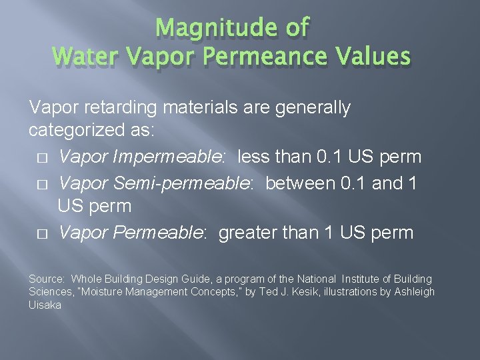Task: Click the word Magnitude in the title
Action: pyautogui.click(x=209, y=27)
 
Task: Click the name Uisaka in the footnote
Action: pyautogui.click(x=44, y=305)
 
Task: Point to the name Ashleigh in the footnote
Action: pyautogui.click(x=413, y=292)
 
